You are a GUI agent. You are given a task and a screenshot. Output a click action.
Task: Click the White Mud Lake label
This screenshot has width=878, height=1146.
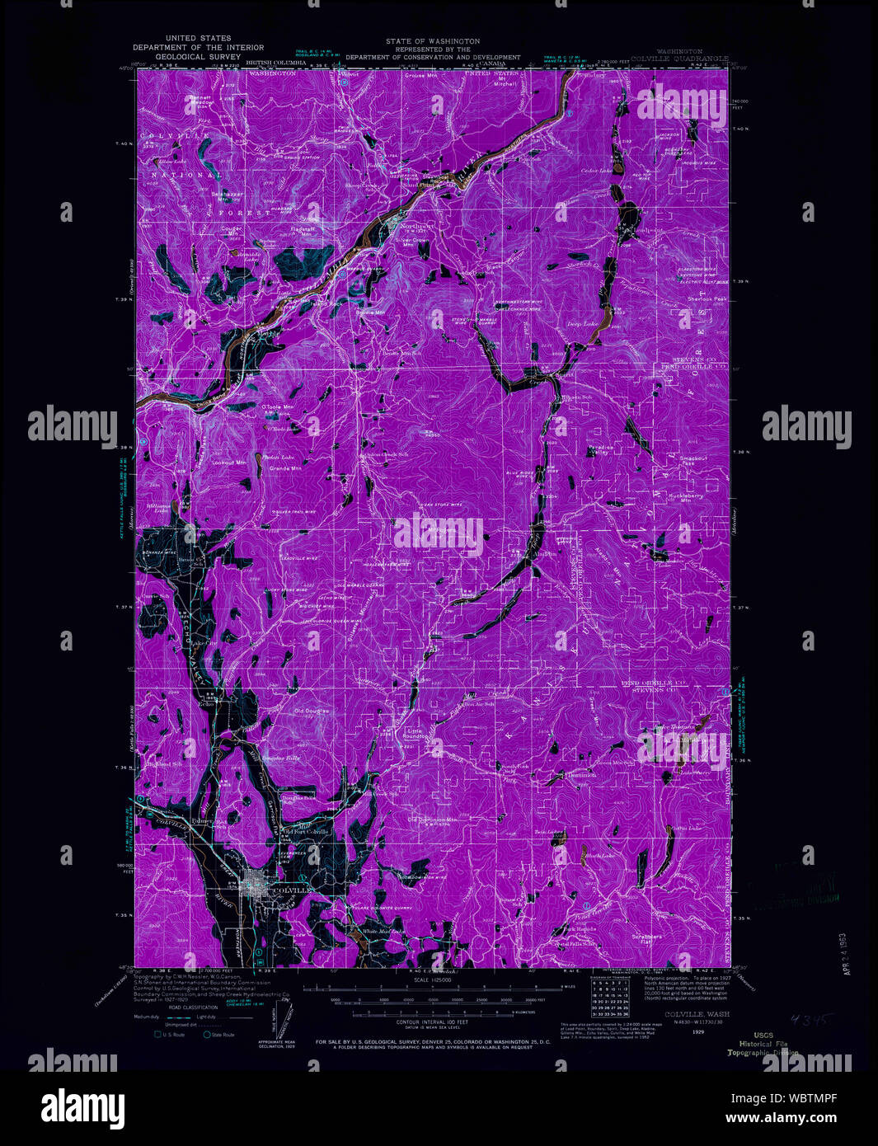(384, 932)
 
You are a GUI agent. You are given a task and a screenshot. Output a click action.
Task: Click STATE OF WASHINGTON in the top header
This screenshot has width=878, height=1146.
(432, 41)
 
